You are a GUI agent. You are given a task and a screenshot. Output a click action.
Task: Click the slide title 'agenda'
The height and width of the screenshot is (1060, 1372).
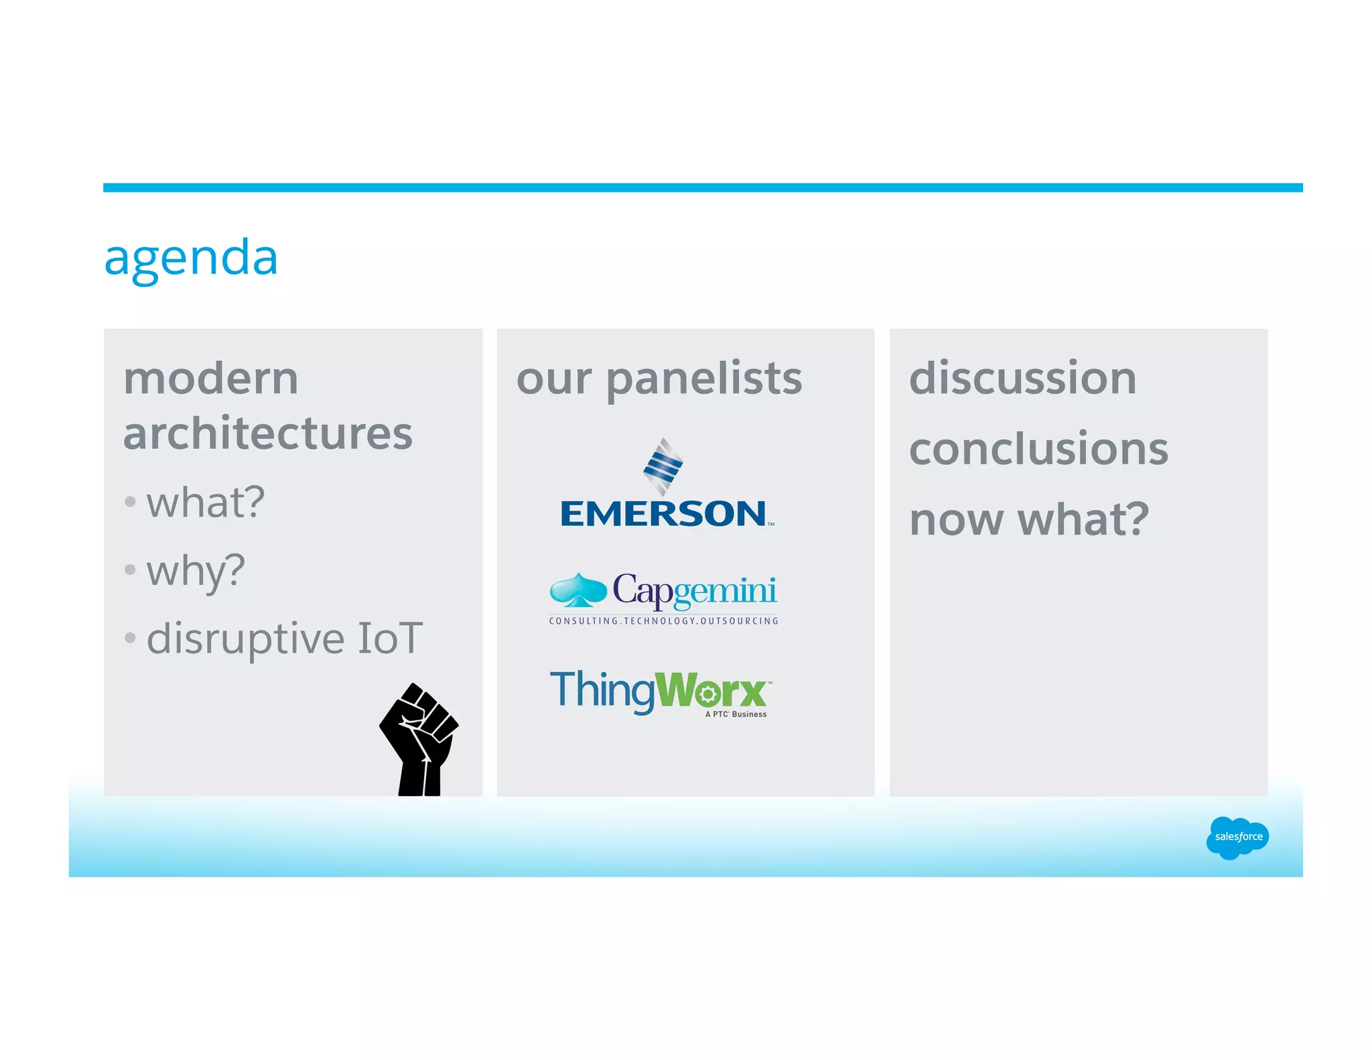(191, 258)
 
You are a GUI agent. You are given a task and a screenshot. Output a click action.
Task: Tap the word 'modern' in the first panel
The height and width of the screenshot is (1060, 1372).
(211, 379)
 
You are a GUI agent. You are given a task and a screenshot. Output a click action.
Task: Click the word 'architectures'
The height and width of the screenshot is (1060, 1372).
(268, 434)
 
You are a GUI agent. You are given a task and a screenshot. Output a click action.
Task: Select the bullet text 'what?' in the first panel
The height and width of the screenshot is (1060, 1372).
(206, 503)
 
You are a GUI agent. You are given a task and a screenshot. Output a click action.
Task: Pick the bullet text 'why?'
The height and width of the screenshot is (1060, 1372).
(196, 571)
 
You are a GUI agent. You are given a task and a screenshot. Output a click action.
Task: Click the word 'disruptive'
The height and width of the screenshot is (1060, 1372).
(245, 638)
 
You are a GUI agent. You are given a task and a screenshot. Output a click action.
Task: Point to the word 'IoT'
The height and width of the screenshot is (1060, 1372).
(391, 638)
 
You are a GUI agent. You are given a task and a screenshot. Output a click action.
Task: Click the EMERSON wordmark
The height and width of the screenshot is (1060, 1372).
(663, 514)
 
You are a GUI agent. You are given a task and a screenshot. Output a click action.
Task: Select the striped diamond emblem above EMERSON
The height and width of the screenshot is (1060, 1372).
(663, 466)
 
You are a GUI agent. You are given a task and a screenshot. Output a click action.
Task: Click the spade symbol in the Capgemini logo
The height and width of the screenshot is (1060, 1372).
(577, 590)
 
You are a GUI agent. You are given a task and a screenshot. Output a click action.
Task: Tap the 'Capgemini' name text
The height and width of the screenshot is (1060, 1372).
(695, 590)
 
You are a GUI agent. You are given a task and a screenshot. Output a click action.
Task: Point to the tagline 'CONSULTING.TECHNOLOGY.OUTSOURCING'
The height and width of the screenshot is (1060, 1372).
(663, 621)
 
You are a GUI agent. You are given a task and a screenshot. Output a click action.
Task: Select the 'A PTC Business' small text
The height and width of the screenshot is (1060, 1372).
(736, 714)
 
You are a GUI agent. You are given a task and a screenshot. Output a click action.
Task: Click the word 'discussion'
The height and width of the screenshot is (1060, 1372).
(1023, 379)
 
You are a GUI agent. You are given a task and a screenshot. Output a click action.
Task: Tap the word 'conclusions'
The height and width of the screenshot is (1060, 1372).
(1038, 449)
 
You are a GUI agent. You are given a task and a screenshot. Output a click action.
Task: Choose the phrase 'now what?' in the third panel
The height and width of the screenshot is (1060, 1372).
(1029, 519)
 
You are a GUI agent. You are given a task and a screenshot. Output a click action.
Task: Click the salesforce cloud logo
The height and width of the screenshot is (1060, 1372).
(1237, 837)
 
